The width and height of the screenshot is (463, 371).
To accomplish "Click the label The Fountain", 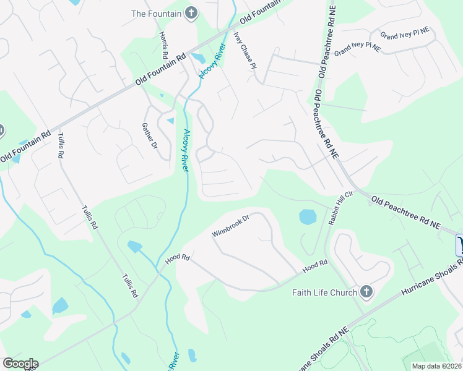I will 156,13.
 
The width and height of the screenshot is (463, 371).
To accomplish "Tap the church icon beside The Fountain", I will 191,13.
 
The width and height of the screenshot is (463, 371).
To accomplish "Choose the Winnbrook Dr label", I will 230,226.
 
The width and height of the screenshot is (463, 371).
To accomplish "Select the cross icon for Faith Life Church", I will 366,292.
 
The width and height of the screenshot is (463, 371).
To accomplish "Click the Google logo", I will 20,364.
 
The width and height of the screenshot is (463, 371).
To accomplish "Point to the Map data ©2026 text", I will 437,366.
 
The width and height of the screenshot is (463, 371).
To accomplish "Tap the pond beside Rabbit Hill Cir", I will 308,217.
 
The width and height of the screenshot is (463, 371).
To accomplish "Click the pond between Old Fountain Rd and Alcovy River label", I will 199,58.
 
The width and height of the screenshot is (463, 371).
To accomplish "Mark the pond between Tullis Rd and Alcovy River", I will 134,247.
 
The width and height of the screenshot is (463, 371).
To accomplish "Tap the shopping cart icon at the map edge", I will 459,245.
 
